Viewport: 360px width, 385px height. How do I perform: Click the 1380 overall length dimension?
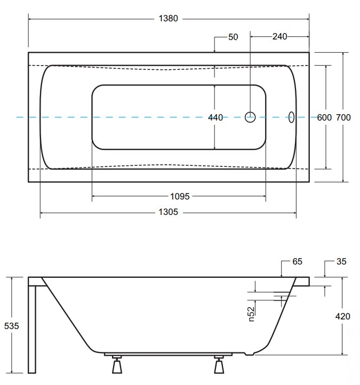click(x=169, y=19)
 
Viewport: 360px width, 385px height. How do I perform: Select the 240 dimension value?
click(x=279, y=36)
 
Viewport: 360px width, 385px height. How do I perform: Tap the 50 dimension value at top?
click(x=233, y=37)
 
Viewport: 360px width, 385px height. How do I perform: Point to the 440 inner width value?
click(x=215, y=118)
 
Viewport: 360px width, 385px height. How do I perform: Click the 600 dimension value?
click(x=324, y=118)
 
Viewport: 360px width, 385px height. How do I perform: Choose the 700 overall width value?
click(x=343, y=118)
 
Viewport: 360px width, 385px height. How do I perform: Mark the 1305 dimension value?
click(x=169, y=212)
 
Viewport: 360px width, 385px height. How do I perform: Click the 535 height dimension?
click(x=11, y=326)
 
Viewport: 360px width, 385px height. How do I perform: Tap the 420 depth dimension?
click(x=342, y=316)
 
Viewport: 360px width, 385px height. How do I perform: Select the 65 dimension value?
click(x=297, y=262)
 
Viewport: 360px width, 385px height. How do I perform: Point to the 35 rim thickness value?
click(x=342, y=262)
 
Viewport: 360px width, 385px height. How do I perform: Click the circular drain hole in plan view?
click(x=251, y=117)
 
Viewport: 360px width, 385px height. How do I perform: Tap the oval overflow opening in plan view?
click(x=291, y=117)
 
